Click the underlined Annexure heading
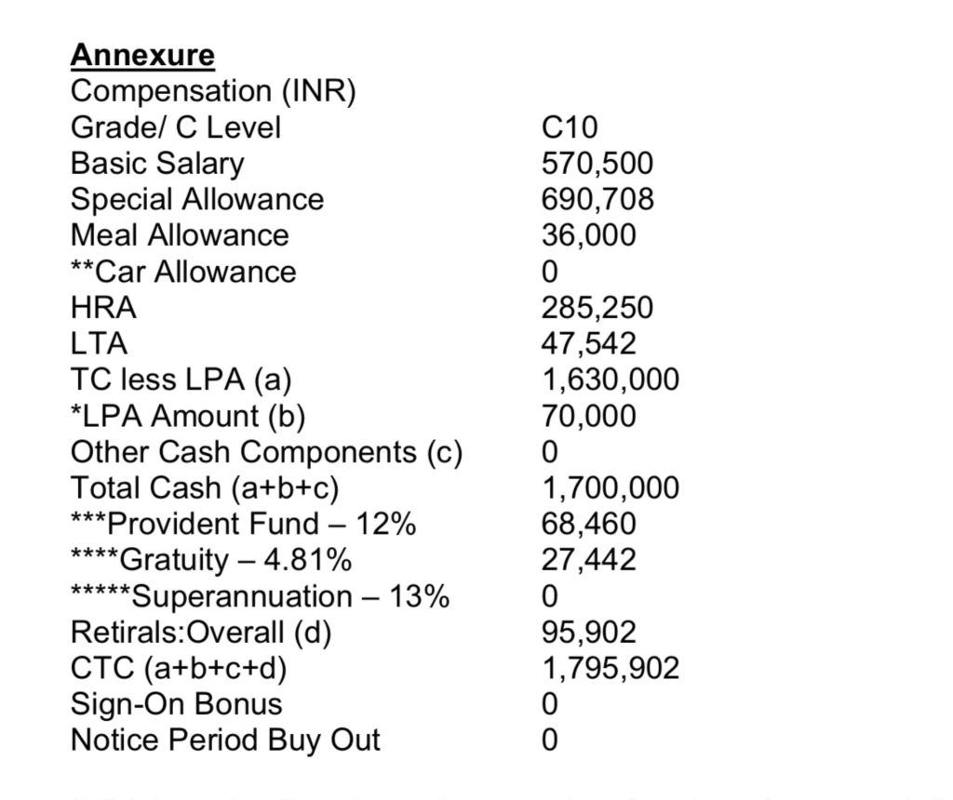142,55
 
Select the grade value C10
570,127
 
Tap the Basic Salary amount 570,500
597,164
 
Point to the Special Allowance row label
197,199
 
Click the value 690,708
597,199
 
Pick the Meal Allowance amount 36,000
589,235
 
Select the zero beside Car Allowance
550,272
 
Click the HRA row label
103,308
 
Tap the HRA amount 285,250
597,308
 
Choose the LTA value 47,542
589,344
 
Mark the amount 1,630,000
611,380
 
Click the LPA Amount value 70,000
589,416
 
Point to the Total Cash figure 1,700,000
611,488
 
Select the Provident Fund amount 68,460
589,524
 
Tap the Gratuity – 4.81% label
211,560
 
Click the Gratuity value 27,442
589,560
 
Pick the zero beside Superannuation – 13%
550,596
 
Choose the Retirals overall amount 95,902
589,633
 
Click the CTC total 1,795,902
611,668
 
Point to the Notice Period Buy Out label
225,740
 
